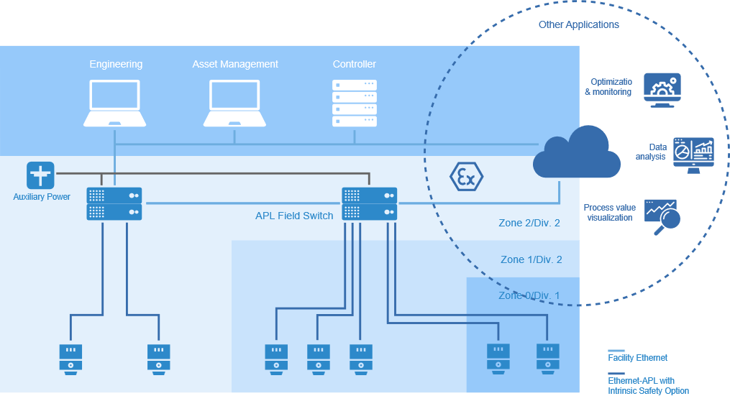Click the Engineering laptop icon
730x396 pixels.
tap(114, 103)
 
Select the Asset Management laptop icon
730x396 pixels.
tap(234, 103)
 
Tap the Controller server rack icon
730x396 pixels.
tap(354, 103)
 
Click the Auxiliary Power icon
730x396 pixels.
tap(40, 175)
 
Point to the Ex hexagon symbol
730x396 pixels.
tap(466, 176)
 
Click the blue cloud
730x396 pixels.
tap(577, 154)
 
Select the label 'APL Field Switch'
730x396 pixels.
tap(294, 216)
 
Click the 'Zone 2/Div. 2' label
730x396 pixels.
tap(529, 223)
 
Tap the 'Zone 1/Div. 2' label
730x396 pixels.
tap(531, 259)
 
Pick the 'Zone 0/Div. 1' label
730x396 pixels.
tap(529, 295)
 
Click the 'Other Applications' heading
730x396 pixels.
tap(579, 25)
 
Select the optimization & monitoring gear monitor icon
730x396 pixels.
tap(662, 89)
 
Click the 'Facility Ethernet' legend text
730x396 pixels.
tap(637, 358)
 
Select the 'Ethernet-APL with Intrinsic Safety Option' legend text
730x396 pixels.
tap(647, 386)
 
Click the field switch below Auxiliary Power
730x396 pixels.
tap(114, 203)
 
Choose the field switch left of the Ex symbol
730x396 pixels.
tap(370, 203)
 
